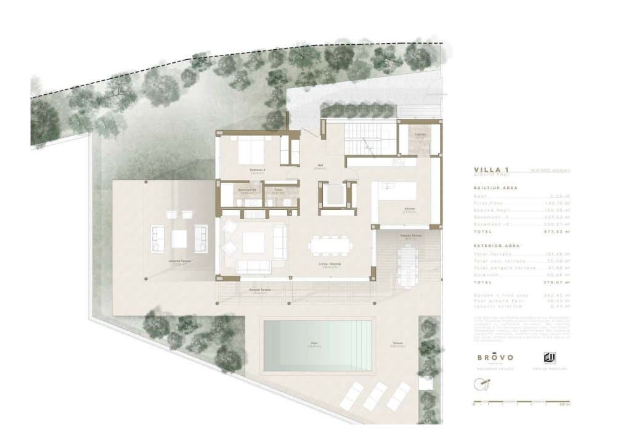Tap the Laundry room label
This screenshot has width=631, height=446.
[x=420, y=134]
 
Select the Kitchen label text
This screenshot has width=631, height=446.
[x=408, y=209]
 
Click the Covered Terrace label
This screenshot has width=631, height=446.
[x=180, y=261]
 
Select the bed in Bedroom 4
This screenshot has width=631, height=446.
[x=250, y=150]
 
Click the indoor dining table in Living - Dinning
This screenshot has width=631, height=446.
[x=330, y=245]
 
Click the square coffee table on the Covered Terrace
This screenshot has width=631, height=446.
[x=179, y=238]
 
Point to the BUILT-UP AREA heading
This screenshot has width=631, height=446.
[x=495, y=187]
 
